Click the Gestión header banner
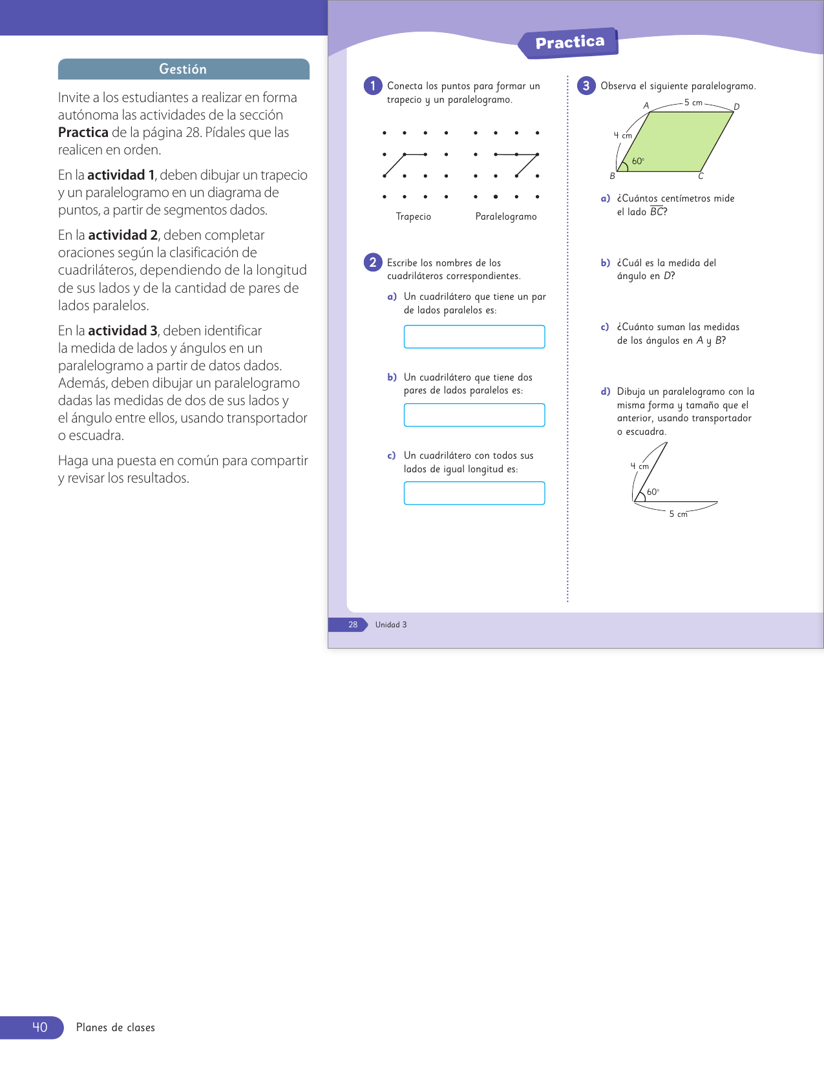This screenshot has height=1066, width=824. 184,69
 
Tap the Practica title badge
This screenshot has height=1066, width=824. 569,43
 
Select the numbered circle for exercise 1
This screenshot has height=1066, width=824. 373,86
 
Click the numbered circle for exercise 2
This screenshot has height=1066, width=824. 373,262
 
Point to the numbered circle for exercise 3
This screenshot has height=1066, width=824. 586,86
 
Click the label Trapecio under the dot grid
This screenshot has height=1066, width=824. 414,216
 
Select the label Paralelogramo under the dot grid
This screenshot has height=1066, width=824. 506,216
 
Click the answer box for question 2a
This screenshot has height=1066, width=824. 474,337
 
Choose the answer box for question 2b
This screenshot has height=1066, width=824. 474,415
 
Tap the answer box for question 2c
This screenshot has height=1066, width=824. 474,493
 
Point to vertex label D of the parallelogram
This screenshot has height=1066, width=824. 737,107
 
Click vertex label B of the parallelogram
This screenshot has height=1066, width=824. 612,176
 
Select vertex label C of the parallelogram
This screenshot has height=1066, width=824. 701,176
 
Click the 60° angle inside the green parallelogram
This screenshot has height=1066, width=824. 638,162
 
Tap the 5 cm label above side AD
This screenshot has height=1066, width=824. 693,103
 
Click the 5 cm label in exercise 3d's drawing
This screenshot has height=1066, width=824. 678,514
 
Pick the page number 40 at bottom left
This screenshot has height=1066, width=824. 39,1027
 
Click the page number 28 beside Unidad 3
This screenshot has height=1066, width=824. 353,625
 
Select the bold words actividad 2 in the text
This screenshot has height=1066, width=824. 123,235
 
